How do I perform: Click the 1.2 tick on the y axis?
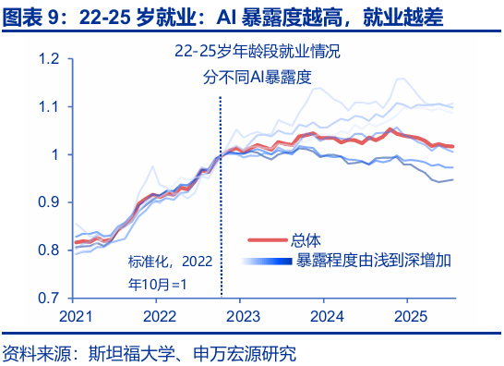tap(49, 59)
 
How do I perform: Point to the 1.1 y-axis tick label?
tap(49, 107)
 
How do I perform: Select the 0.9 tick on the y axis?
tap(49, 202)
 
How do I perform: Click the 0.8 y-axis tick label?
tap(49, 250)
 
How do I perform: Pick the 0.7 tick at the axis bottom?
tap(49, 299)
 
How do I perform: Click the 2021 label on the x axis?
tap(76, 315)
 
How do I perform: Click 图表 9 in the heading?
tap(30, 15)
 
